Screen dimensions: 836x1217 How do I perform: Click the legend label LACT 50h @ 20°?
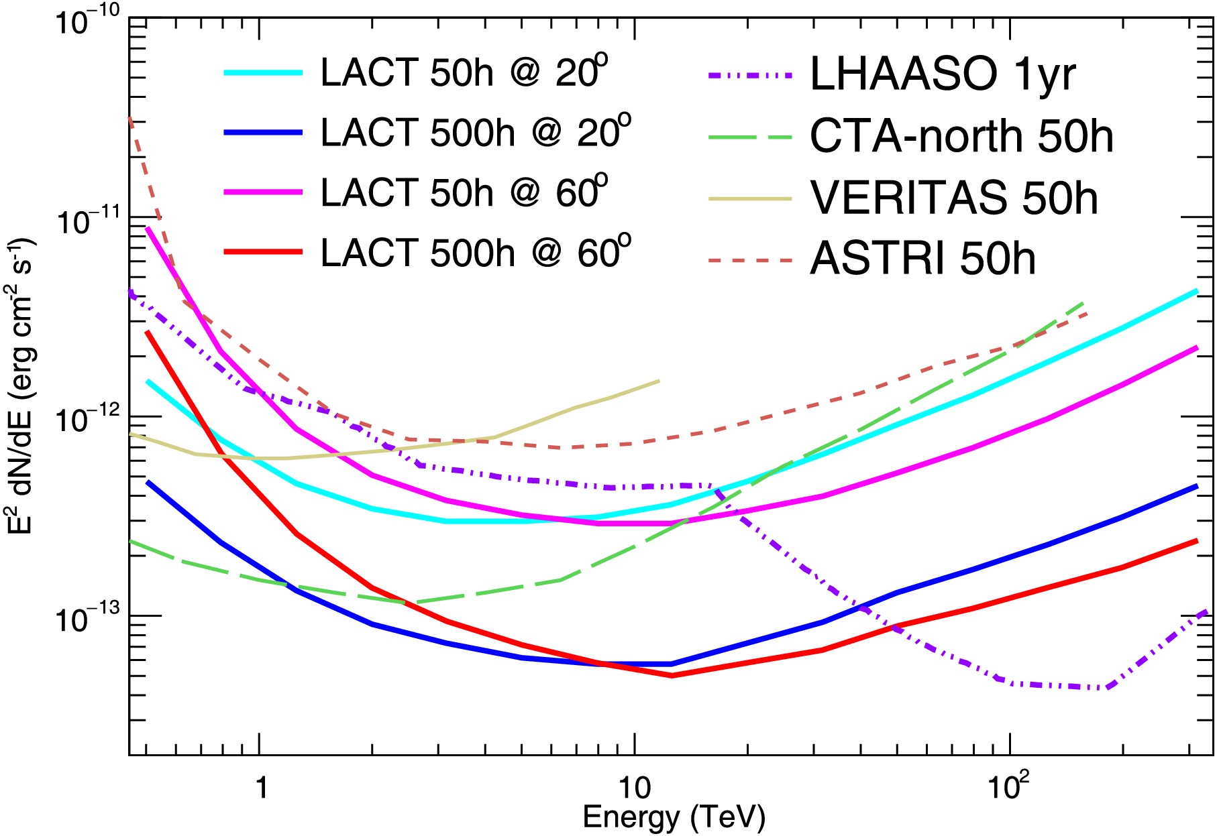[x=464, y=72]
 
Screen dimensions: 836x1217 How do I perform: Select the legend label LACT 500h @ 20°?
[x=475, y=132]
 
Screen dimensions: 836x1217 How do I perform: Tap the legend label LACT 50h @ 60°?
[x=464, y=192]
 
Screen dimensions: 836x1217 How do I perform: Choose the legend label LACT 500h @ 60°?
[x=475, y=253]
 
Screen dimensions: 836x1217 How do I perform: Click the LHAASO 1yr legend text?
[x=943, y=74]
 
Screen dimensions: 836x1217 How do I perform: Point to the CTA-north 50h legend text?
[x=961, y=136]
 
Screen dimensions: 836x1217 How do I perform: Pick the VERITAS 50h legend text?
[x=954, y=198]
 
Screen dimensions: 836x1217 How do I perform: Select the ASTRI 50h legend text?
[x=922, y=259]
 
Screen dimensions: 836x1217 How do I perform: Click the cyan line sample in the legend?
[x=264, y=72]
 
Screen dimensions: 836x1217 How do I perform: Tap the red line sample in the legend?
[x=264, y=252]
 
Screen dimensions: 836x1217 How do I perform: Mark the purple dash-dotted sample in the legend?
[x=750, y=74]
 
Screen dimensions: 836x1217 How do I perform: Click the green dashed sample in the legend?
[x=750, y=137]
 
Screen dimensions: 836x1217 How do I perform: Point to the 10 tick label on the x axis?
[x=634, y=788]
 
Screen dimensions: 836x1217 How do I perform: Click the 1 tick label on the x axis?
[x=261, y=788]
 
